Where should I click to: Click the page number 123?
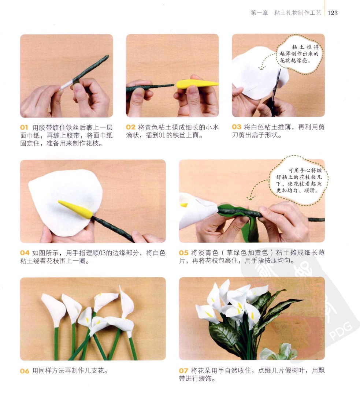click(x=333, y=13)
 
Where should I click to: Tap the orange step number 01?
click(x=24, y=128)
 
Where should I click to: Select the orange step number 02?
click(x=131, y=127)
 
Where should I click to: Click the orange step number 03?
click(x=237, y=127)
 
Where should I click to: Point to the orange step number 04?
click(x=25, y=253)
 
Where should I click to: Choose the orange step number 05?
click(x=184, y=253)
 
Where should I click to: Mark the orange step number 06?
click(x=25, y=371)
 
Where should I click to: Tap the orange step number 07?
click(x=184, y=370)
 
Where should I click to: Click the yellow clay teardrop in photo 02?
click(x=197, y=84)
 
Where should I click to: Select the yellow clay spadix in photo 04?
click(x=75, y=209)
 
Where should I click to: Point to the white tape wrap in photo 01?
click(x=67, y=85)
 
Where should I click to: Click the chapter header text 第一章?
click(x=259, y=13)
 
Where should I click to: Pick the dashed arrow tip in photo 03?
click(x=261, y=69)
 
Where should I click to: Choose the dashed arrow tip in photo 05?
click(x=250, y=199)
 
